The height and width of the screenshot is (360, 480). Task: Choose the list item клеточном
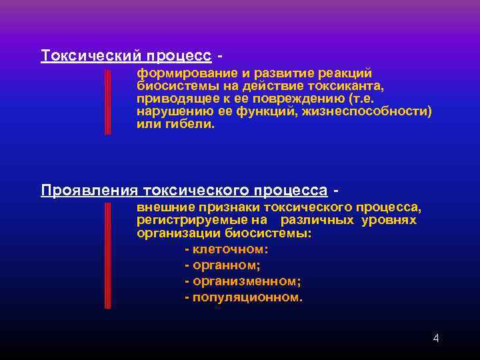tap(230, 249)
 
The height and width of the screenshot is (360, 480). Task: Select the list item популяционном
tap(247, 297)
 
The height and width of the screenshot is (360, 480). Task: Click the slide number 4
tap(435, 339)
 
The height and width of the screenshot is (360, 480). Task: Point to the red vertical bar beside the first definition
tap(107, 101)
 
